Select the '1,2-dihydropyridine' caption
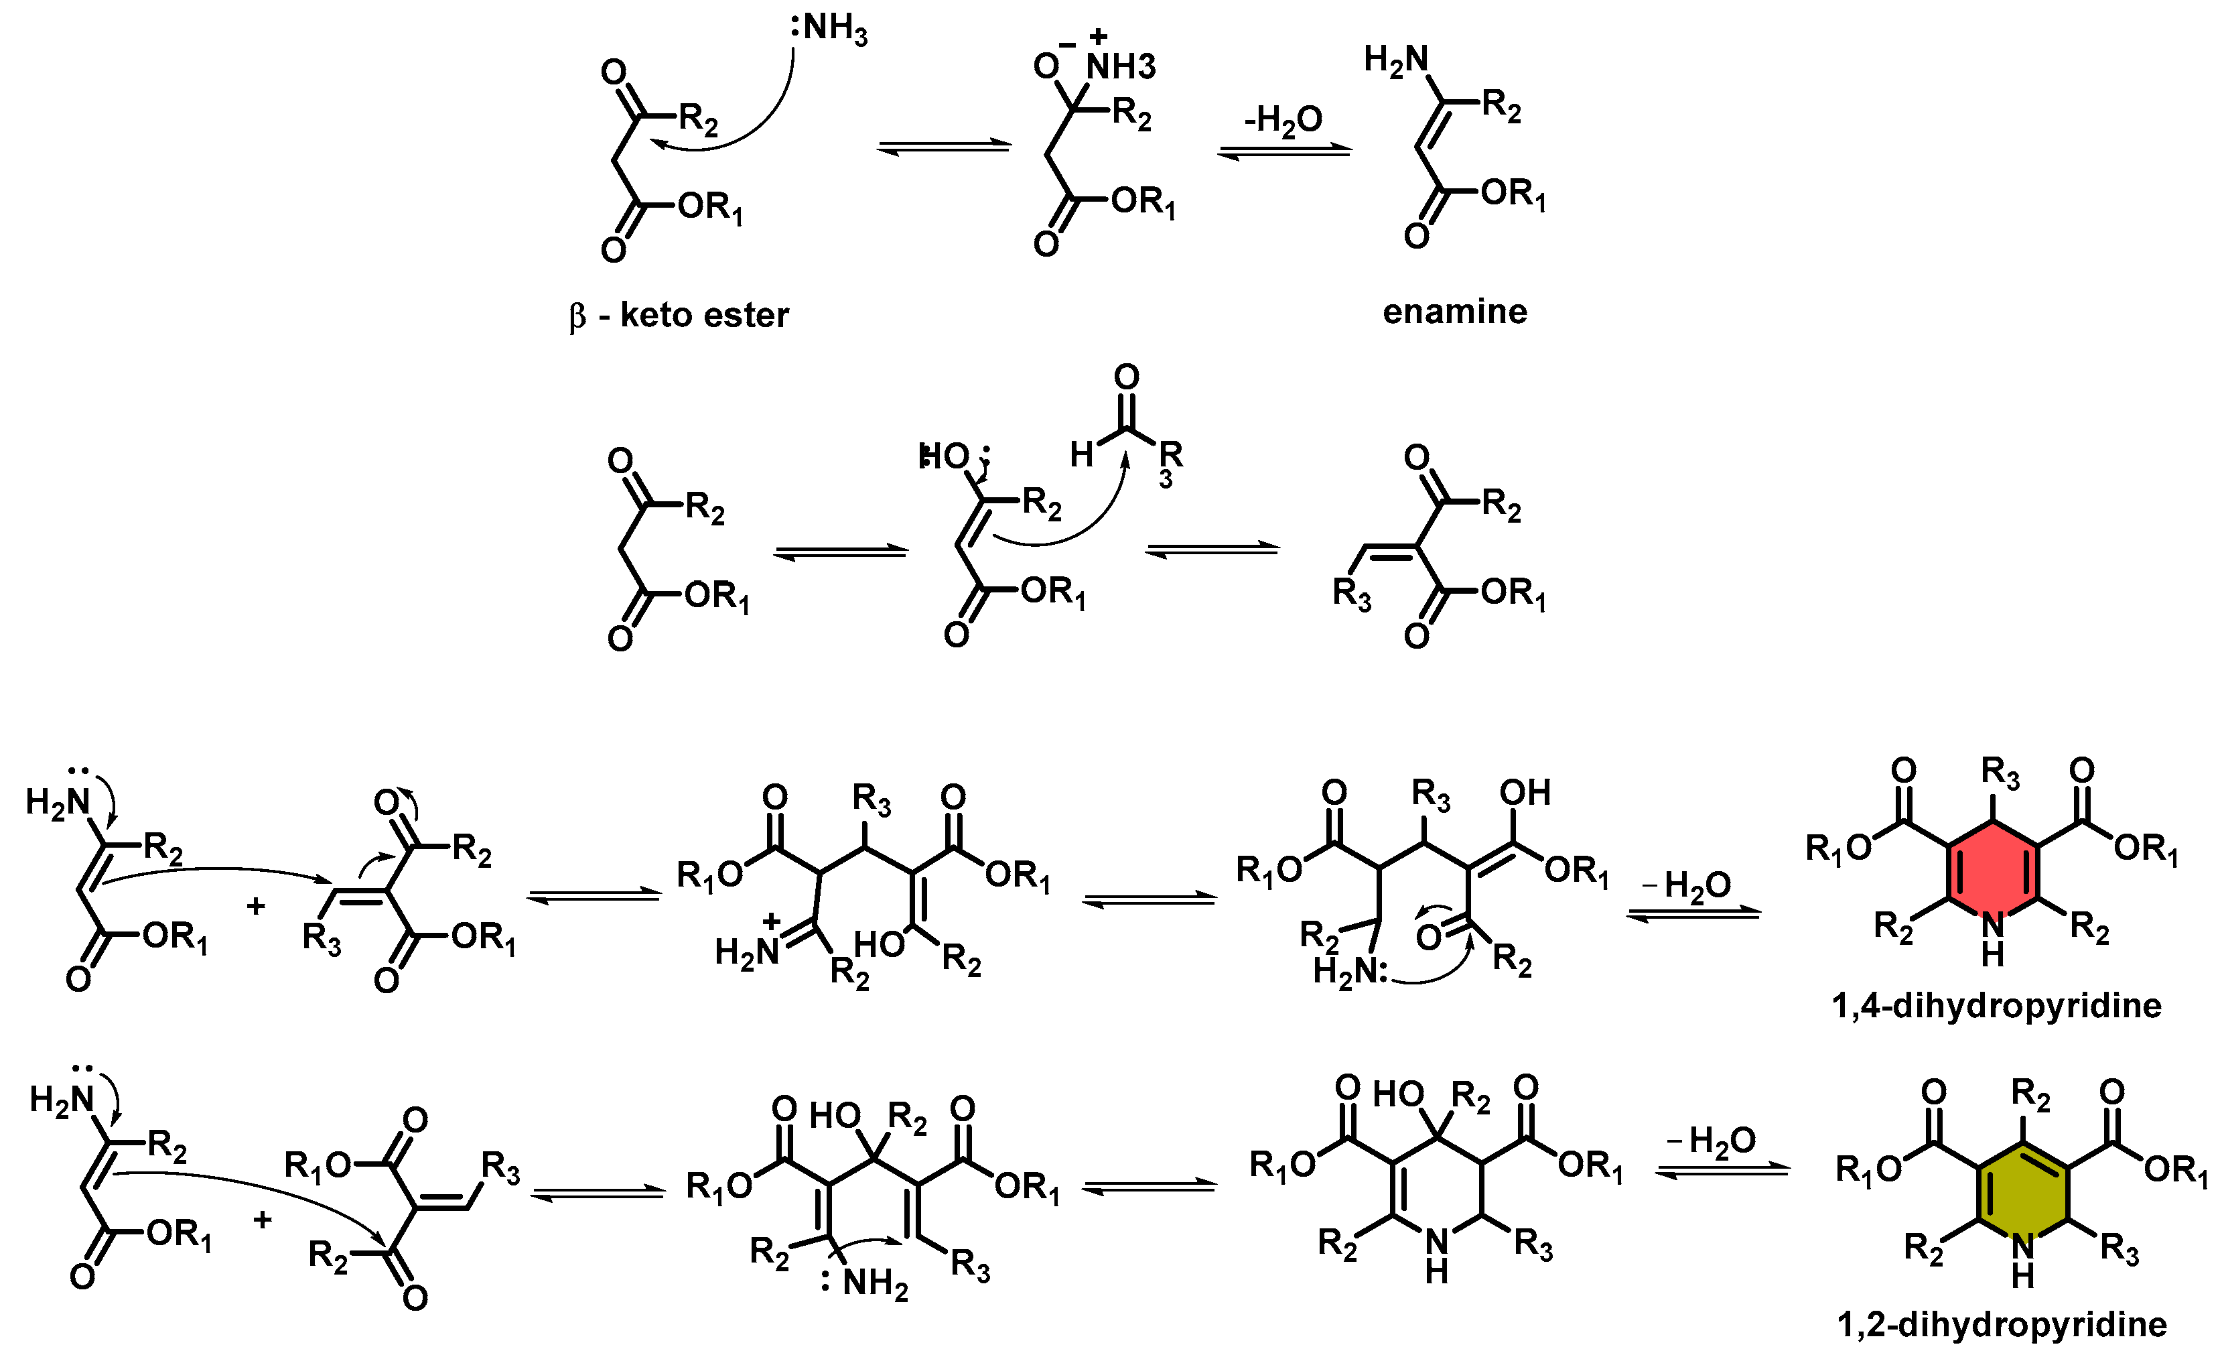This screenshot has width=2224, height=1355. point(2002,1324)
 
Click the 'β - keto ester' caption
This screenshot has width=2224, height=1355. point(679,315)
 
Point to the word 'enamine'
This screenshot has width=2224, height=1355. point(1454,312)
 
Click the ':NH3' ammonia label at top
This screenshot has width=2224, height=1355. point(829,29)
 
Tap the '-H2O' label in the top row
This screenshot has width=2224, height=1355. point(1283,120)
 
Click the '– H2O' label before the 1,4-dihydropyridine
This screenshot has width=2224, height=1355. point(1686,886)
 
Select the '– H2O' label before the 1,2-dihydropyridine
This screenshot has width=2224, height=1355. point(1710,1141)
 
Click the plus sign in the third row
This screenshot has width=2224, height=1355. point(255,905)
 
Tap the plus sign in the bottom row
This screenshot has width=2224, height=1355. point(262,1220)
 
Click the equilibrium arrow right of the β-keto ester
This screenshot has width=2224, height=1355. point(943,145)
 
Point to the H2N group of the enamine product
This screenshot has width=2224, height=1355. point(1395,60)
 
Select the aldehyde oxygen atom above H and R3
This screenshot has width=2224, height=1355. point(1127,377)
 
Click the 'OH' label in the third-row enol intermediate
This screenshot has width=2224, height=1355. point(1525,793)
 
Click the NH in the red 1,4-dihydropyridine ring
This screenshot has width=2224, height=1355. point(1992,939)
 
